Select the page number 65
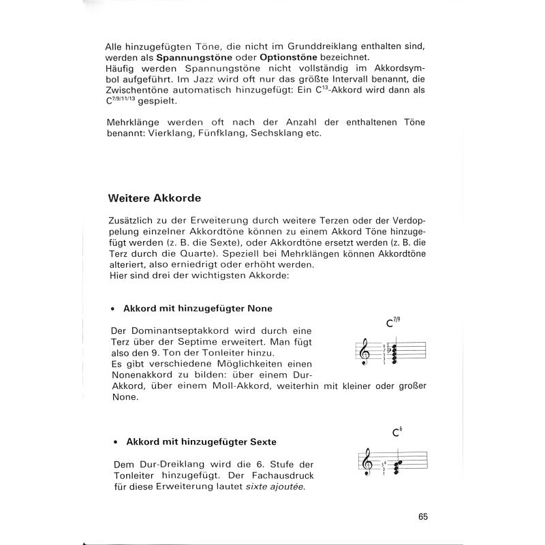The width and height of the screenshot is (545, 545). pyautogui.click(x=423, y=516)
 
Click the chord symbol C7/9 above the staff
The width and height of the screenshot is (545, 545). pyautogui.click(x=394, y=324)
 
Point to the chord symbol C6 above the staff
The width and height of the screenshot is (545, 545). pyautogui.click(x=397, y=431)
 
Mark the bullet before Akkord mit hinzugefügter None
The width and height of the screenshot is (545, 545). pyautogui.click(x=116, y=309)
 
